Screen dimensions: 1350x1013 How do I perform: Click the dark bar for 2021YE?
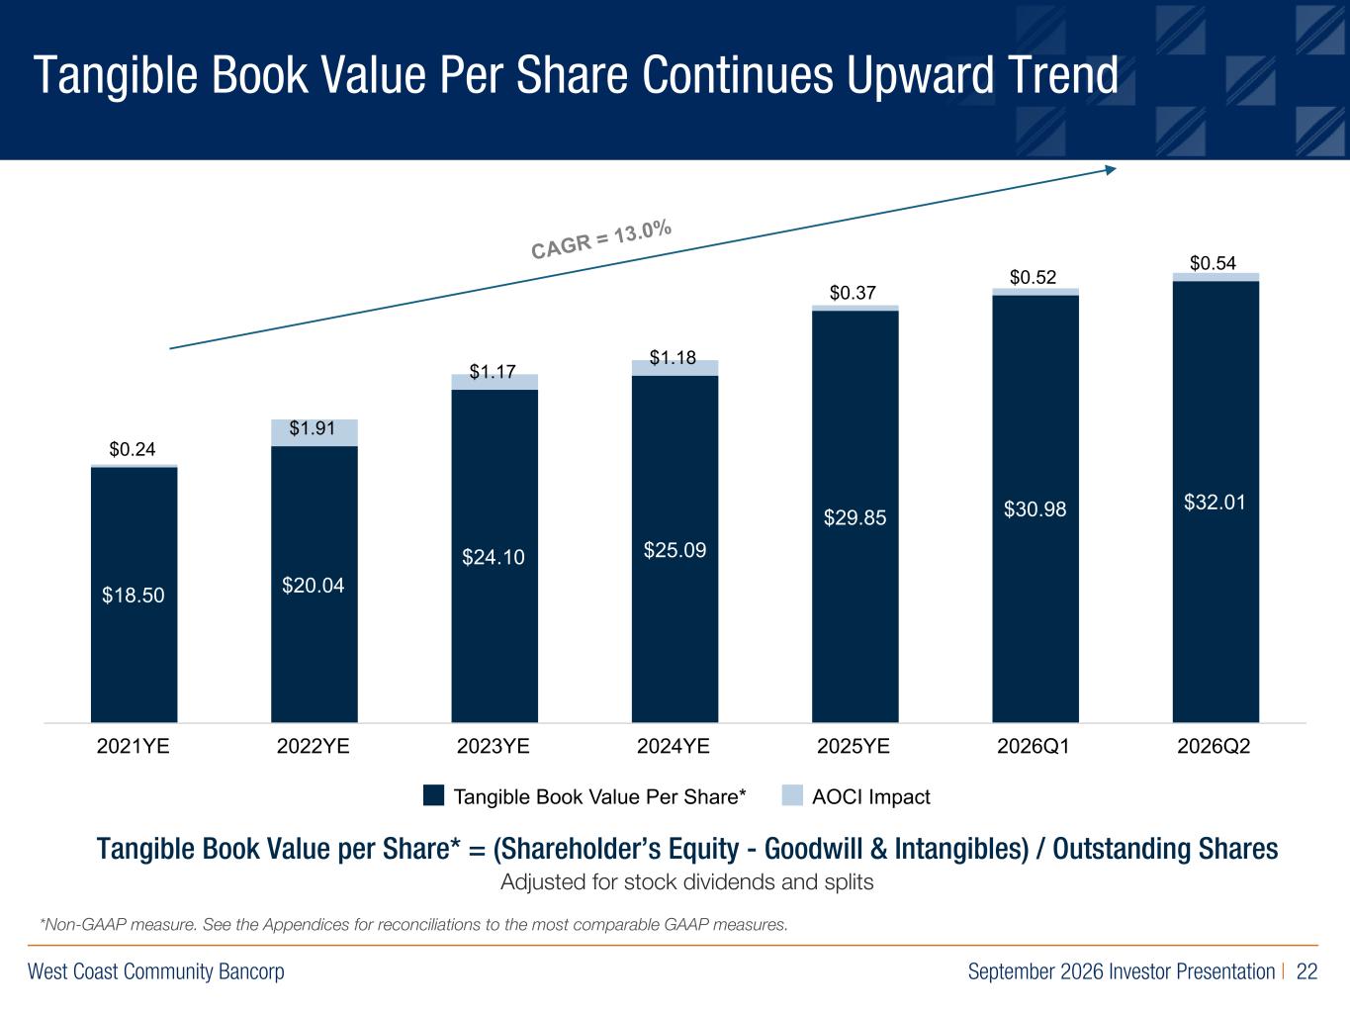[x=135, y=595]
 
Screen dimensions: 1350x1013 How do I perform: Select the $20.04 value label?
[x=314, y=585]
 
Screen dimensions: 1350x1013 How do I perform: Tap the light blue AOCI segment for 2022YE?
[x=315, y=432]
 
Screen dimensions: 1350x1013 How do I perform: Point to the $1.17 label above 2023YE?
[x=492, y=372]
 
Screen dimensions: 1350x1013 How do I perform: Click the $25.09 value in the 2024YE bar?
[x=675, y=550]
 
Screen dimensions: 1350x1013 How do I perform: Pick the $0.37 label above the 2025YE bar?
[x=853, y=292]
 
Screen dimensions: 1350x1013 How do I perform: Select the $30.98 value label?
[x=1035, y=508]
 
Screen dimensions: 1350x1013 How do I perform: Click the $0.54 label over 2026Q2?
[x=1213, y=262]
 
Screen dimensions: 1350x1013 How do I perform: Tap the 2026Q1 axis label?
[x=1034, y=746]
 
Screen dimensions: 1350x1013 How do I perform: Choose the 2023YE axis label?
[x=494, y=746]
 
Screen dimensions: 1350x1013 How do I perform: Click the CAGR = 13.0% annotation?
[x=601, y=239]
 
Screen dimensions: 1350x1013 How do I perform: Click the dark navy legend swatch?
[x=433, y=794]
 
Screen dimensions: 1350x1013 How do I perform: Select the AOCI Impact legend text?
[x=871, y=796]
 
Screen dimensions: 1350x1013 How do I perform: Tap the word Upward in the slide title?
[x=920, y=75]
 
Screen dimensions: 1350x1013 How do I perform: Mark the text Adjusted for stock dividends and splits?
[x=687, y=882]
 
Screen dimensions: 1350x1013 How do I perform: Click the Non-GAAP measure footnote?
[x=413, y=924]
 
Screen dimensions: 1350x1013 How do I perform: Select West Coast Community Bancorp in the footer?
[x=156, y=971]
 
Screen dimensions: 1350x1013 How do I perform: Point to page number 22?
[x=1306, y=971]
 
